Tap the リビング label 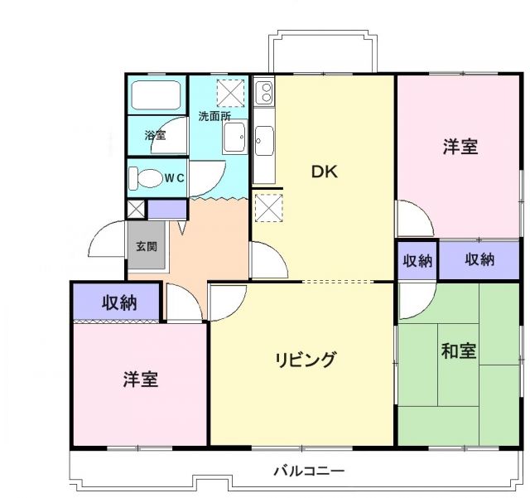pos(306,360)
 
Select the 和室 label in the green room pos(458,351)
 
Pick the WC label pos(173,177)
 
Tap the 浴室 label pos(155,135)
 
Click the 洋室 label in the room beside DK pos(460,147)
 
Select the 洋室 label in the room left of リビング pos(141,380)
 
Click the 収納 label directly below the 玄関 pos(119,302)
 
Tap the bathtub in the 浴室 pos(157,98)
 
